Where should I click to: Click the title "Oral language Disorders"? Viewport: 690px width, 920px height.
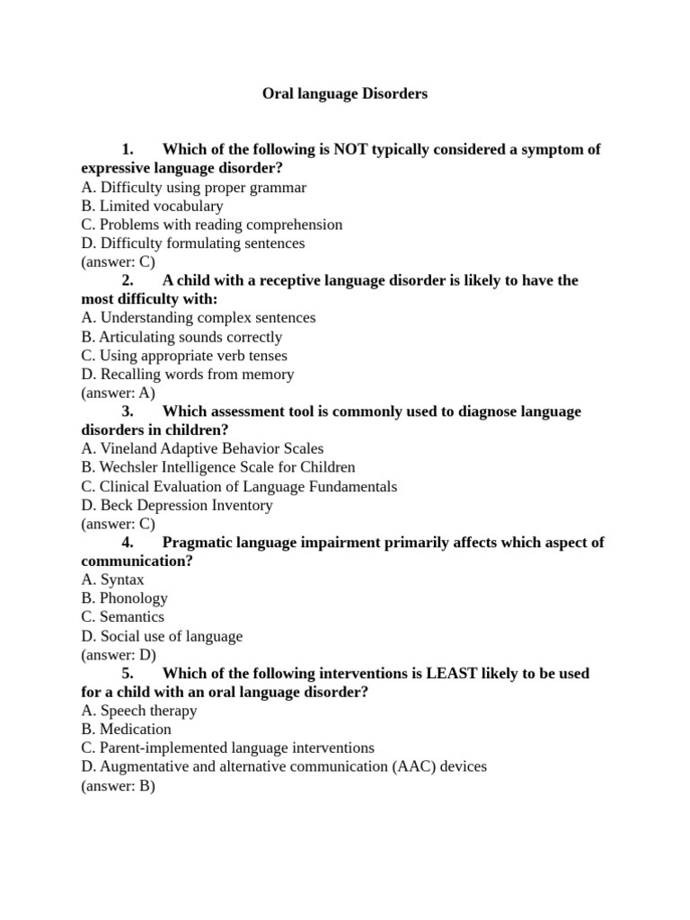[345, 93]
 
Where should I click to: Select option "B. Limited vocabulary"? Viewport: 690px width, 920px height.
[152, 206]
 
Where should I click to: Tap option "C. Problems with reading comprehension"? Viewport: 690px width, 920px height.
[211, 225]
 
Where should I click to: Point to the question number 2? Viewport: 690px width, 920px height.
[128, 281]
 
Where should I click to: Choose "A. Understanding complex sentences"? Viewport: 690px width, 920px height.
[198, 318]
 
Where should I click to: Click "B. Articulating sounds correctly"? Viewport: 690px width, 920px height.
[181, 337]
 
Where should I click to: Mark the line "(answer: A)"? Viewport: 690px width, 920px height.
[118, 393]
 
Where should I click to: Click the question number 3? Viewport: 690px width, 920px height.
[128, 411]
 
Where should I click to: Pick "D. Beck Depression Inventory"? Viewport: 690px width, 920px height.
[177, 505]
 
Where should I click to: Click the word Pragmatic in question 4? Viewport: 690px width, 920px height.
[202, 543]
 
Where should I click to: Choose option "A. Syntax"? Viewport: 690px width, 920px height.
[112, 579]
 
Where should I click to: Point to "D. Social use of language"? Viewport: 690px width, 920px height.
[162, 636]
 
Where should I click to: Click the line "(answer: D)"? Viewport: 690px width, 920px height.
[118, 655]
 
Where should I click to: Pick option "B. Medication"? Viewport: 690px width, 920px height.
[126, 730]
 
